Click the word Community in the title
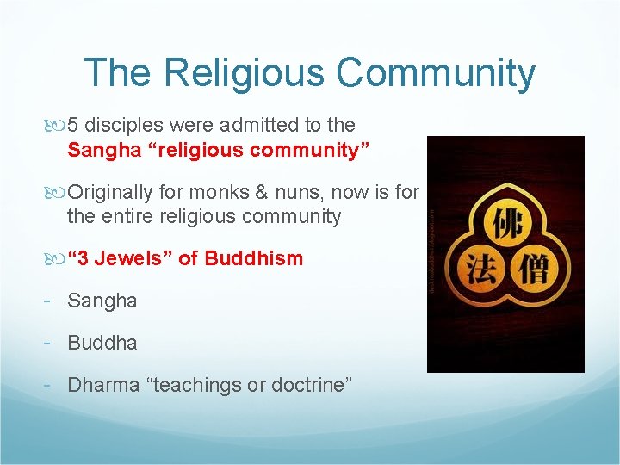point(436,73)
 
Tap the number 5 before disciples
point(73,125)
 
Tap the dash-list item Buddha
point(102,342)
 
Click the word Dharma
point(103,384)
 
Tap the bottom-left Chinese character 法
point(478,268)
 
